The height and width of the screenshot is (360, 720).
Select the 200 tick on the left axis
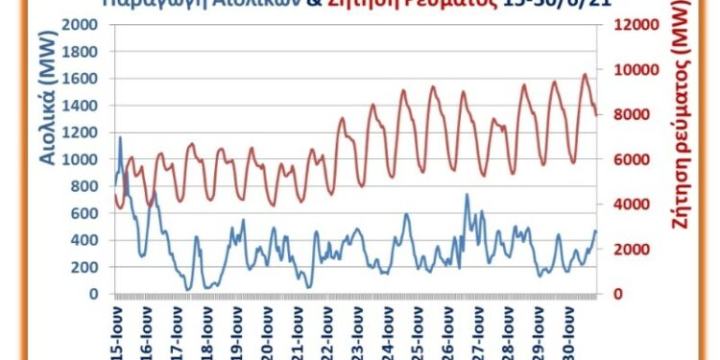[x=92, y=268]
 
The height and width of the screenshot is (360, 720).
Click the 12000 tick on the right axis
[x=631, y=25]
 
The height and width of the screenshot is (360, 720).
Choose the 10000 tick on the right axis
[x=631, y=70]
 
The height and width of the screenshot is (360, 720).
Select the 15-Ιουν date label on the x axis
[x=117, y=331]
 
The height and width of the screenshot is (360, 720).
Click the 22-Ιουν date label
[x=327, y=331]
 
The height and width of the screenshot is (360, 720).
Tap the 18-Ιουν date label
[x=207, y=331]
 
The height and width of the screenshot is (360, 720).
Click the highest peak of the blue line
[x=120, y=137]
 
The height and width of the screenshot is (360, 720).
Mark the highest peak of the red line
[x=586, y=74]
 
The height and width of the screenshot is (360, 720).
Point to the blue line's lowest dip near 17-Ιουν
[x=188, y=289]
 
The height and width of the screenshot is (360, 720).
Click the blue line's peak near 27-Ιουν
[x=467, y=195]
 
